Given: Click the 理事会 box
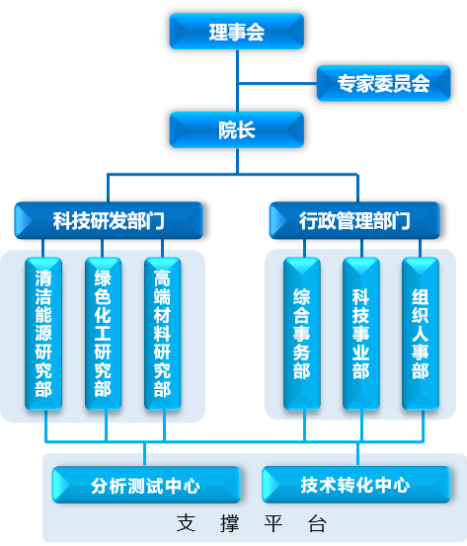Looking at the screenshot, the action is pyautogui.click(x=237, y=32).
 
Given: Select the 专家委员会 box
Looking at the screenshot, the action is pyautogui.click(x=383, y=83).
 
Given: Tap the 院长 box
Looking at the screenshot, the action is pyautogui.click(x=237, y=130).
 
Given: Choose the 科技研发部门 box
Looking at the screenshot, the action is pyautogui.click(x=109, y=220).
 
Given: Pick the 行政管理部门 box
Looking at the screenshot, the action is pyautogui.click(x=354, y=220).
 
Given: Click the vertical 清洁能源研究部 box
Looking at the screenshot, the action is pyautogui.click(x=43, y=334).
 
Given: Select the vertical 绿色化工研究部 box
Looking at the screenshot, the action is pyautogui.click(x=103, y=334).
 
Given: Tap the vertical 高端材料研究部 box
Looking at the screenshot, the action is pyautogui.click(x=163, y=334).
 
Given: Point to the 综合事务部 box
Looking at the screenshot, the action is pyautogui.click(x=302, y=334).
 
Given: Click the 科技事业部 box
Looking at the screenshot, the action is pyautogui.click(x=361, y=334).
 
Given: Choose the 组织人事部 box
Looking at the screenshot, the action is pyautogui.click(x=421, y=334).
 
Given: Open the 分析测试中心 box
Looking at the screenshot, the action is pyautogui.click(x=146, y=485).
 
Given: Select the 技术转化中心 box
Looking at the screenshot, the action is pyautogui.click(x=355, y=485).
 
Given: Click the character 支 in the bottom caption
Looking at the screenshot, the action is pyautogui.click(x=186, y=523).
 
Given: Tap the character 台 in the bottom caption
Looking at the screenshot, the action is pyautogui.click(x=317, y=523).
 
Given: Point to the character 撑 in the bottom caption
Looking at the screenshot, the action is pyautogui.click(x=230, y=523).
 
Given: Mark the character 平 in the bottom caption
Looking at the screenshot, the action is pyautogui.click(x=273, y=523).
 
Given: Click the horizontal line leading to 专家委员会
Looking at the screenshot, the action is pyautogui.click(x=277, y=83).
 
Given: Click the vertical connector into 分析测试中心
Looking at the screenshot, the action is pyautogui.click(x=144, y=454).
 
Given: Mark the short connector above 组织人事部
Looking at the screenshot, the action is pyautogui.click(x=420, y=248).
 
